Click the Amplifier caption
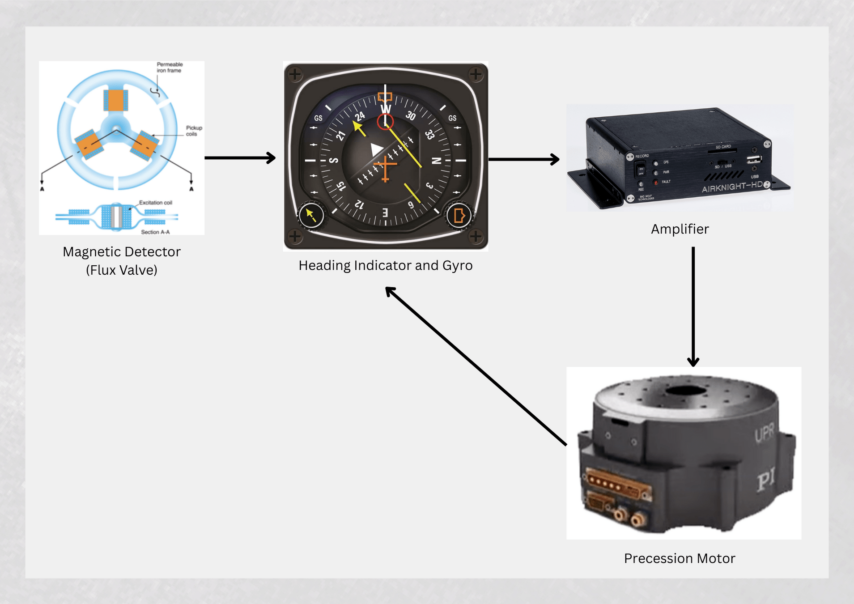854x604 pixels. (x=680, y=229)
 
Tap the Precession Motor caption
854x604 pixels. (x=679, y=558)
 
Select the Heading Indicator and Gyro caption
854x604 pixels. (x=385, y=265)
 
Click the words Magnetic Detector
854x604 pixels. (x=121, y=252)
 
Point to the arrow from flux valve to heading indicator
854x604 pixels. (x=240, y=158)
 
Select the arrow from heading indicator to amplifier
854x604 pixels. (x=523, y=159)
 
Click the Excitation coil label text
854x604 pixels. (x=155, y=203)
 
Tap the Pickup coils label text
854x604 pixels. (x=194, y=131)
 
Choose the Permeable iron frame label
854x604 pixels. (x=170, y=68)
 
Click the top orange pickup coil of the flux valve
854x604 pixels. (x=116, y=100)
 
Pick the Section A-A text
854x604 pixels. (x=155, y=232)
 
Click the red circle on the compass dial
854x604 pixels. (x=385, y=122)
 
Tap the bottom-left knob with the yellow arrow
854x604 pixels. (x=311, y=216)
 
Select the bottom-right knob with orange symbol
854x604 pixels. (x=459, y=216)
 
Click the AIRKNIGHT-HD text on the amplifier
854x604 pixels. (x=732, y=187)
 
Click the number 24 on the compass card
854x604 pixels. (x=360, y=117)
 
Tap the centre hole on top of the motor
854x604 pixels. (x=685, y=391)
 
